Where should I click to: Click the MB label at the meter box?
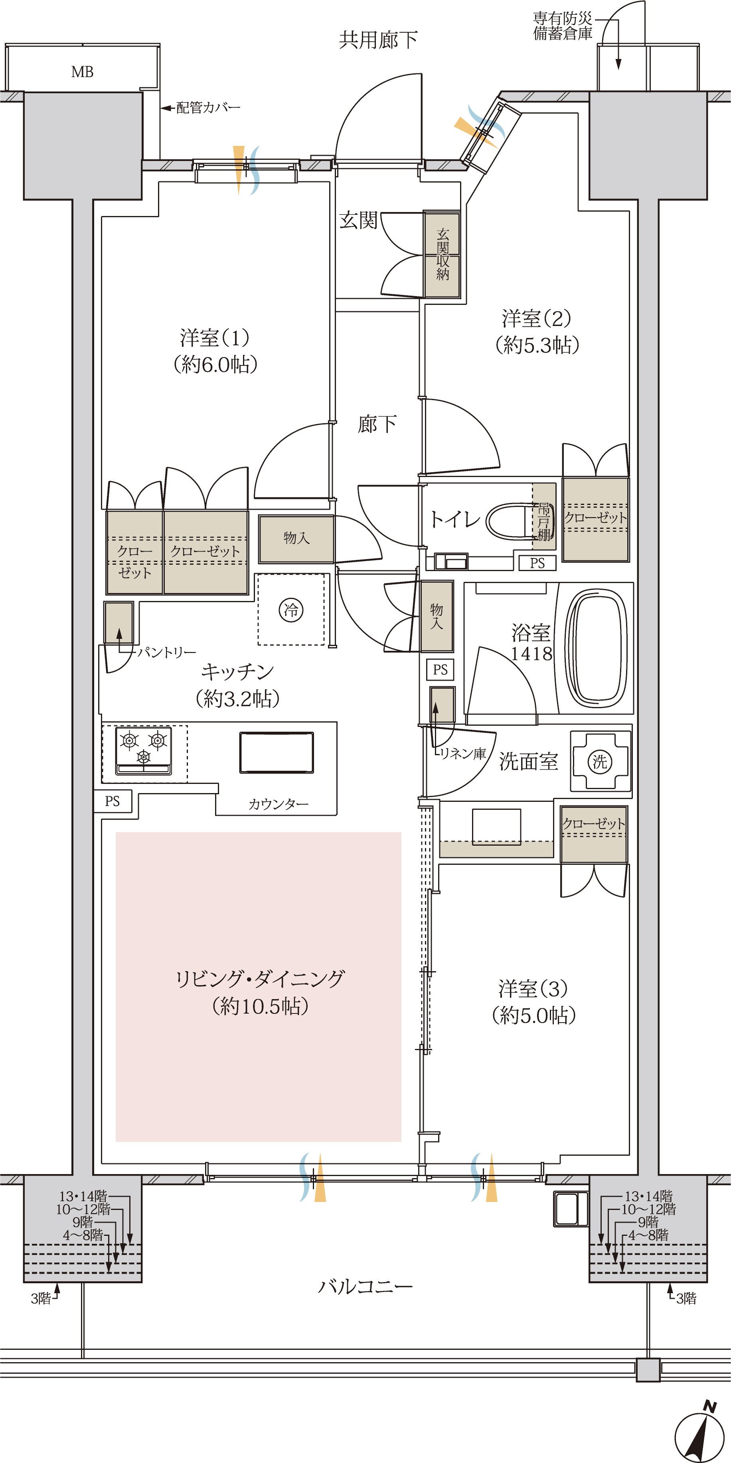(83, 72)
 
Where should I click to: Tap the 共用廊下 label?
(379, 40)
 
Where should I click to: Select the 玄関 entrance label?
(359, 220)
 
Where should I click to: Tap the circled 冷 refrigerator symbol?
(291, 611)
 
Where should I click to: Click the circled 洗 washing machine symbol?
(600, 762)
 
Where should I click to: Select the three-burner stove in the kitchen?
(144, 750)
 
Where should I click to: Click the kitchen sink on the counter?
(276, 752)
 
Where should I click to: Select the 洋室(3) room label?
(533, 989)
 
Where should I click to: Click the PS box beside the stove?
(113, 801)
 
